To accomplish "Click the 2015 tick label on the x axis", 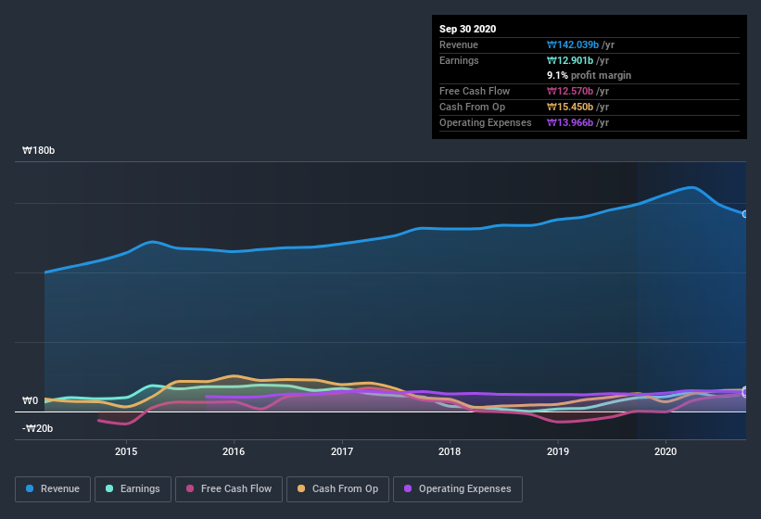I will click(x=126, y=451).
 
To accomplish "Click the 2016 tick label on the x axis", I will click(x=234, y=451).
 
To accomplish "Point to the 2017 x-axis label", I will click(x=342, y=451).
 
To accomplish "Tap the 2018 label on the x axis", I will click(x=450, y=451).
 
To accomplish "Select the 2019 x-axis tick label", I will click(x=558, y=451).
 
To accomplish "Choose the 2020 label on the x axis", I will click(x=666, y=451).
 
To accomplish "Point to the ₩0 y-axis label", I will click(x=31, y=401).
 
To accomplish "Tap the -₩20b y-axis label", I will click(x=38, y=428).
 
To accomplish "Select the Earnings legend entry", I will click(x=132, y=488).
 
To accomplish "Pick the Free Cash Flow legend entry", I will click(x=229, y=488).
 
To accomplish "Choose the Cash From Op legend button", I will click(x=340, y=488).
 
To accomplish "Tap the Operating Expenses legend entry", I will click(x=457, y=488).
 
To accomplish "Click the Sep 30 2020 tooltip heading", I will click(x=468, y=29).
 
